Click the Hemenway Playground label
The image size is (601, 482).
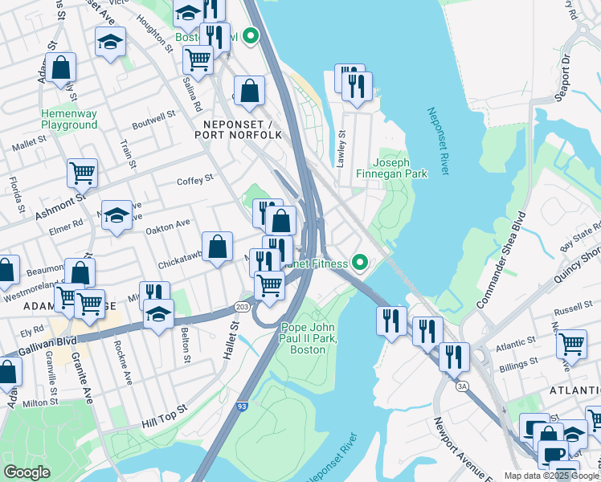tap(69, 119)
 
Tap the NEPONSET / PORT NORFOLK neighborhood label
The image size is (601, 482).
tap(238, 129)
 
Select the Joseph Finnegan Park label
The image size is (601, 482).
tap(400, 167)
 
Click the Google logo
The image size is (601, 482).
tap(27, 472)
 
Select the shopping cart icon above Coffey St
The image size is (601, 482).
tap(82, 171)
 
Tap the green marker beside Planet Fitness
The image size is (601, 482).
tap(361, 262)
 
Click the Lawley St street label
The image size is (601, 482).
tap(341, 149)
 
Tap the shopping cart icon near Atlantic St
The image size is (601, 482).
tap(571, 343)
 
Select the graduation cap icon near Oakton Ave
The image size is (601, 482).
tap(117, 214)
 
